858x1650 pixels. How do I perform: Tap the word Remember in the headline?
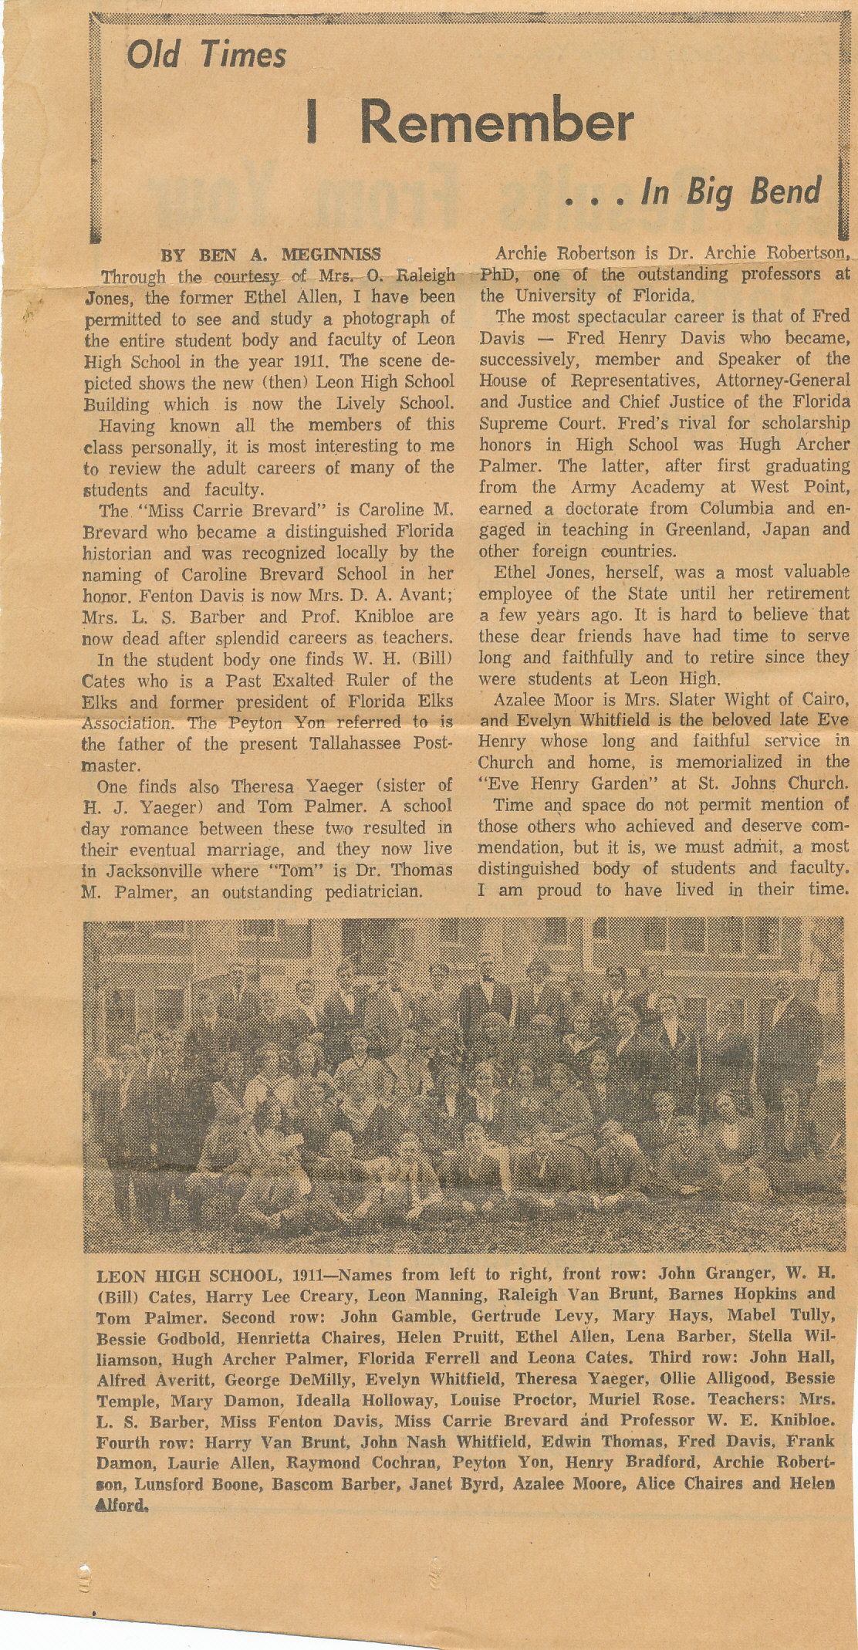(496, 123)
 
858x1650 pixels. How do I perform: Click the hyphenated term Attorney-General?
(782, 381)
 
